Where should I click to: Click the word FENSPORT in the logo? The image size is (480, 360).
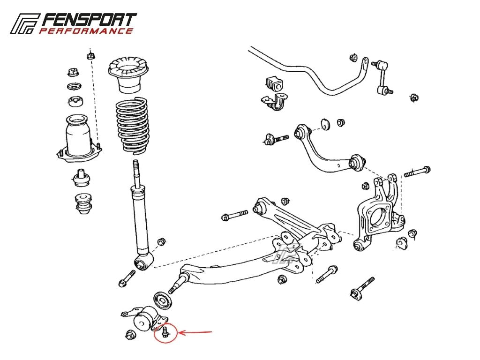click(x=89, y=20)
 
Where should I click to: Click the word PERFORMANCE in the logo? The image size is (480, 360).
click(x=86, y=31)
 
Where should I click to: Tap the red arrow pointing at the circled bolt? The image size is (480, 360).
click(x=195, y=332)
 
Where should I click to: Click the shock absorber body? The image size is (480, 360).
click(x=141, y=220)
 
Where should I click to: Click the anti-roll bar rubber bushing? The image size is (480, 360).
click(x=275, y=83)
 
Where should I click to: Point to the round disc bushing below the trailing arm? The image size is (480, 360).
click(x=163, y=300)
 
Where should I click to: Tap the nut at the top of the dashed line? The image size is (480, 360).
click(x=90, y=56)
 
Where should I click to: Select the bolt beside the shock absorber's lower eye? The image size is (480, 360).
click(x=127, y=278)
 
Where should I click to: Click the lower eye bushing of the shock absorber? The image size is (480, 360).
click(x=142, y=262)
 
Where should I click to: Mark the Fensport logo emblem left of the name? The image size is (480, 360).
click(x=24, y=23)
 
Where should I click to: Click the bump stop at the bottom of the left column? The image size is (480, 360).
click(x=83, y=203)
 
